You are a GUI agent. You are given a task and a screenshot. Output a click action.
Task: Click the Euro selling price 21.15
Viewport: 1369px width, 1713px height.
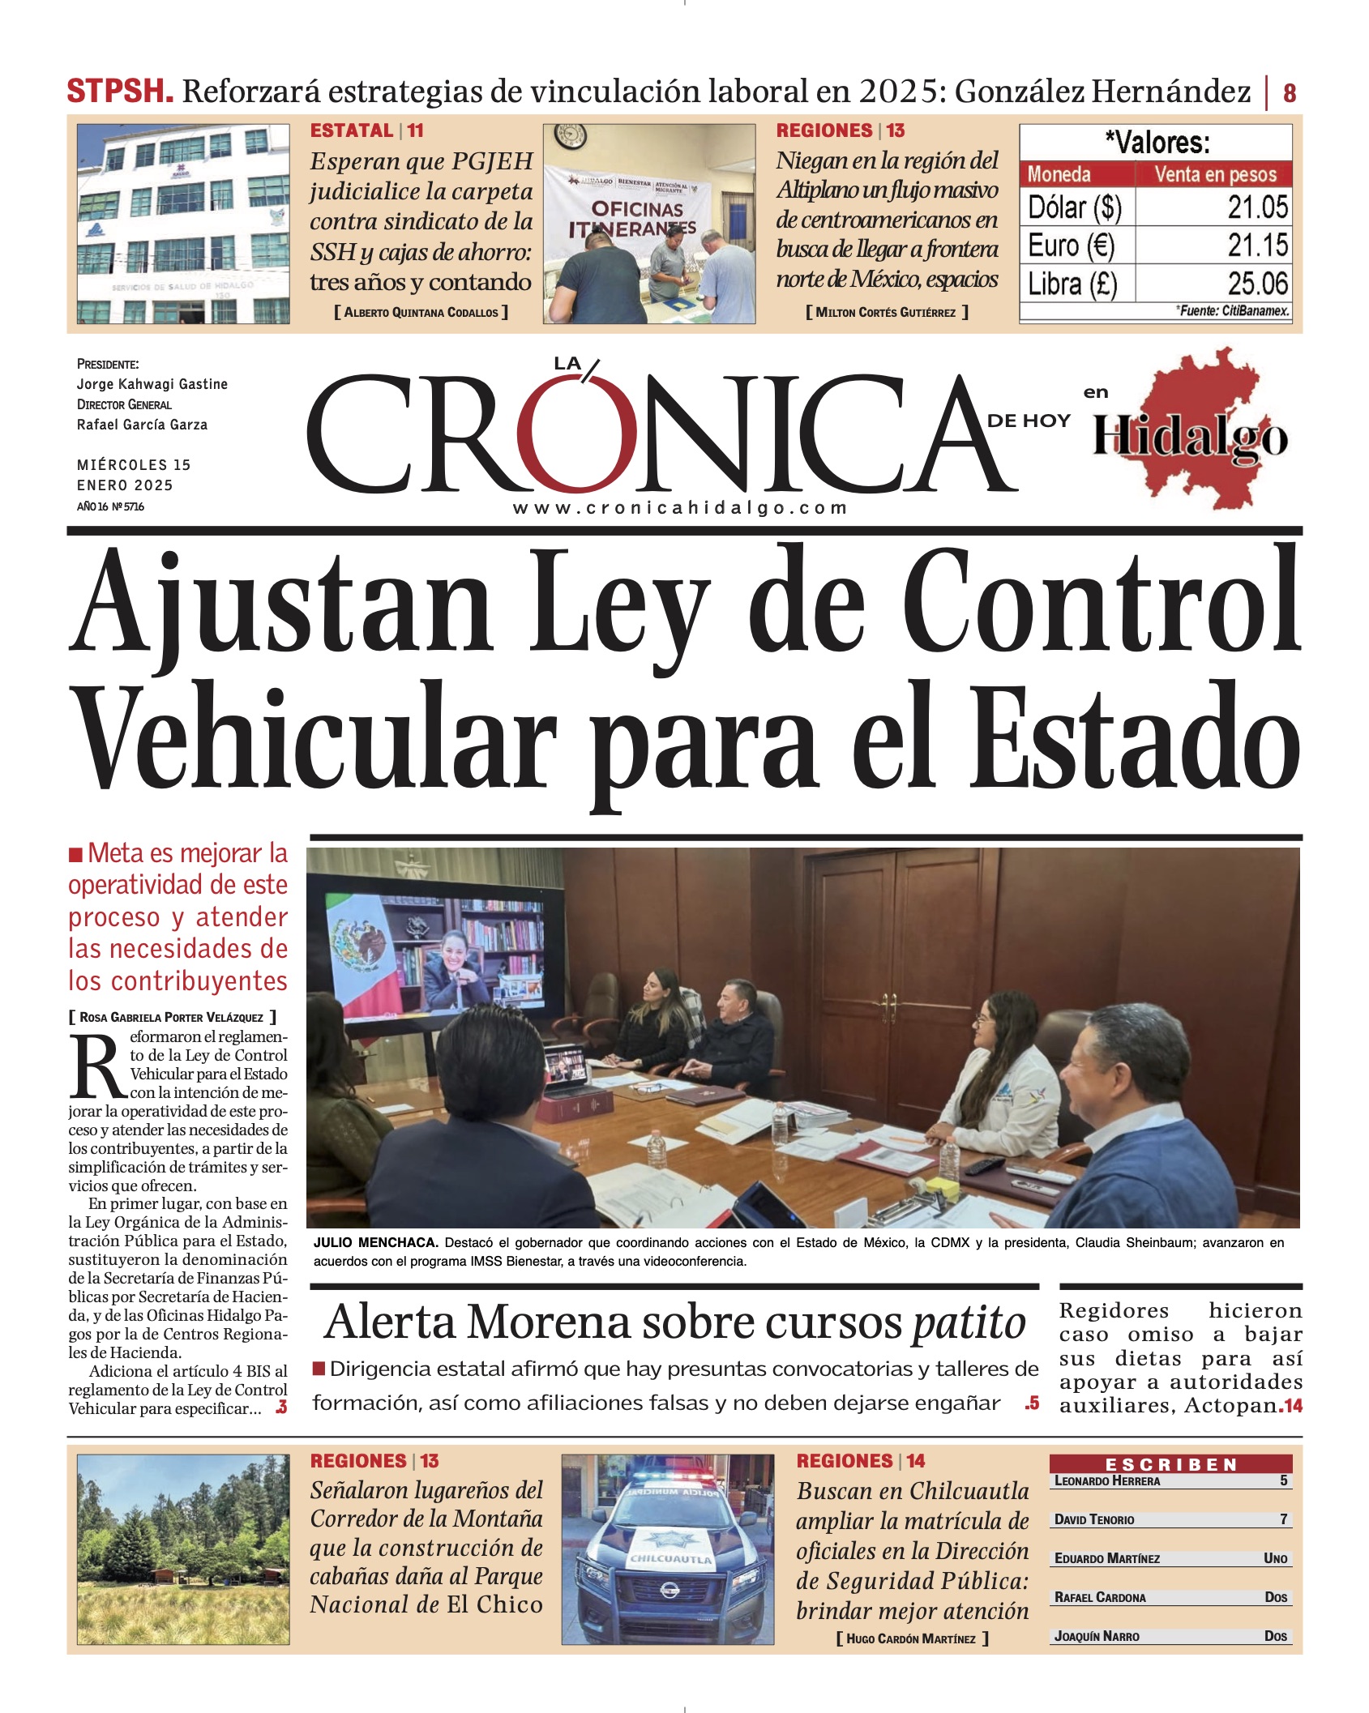(1257, 246)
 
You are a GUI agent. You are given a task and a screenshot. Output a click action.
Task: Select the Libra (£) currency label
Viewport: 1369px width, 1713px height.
(1072, 284)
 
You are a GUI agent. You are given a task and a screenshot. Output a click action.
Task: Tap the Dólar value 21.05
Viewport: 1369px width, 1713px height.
(1257, 207)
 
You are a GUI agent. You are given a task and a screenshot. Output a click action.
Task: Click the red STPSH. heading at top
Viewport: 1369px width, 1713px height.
(120, 92)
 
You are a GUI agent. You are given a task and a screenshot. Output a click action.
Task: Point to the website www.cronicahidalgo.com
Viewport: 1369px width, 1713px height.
(680, 508)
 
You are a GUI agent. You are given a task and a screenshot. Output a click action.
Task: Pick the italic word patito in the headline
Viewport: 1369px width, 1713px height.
(969, 1323)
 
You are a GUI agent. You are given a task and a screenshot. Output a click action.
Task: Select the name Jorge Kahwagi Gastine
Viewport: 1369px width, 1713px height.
(152, 384)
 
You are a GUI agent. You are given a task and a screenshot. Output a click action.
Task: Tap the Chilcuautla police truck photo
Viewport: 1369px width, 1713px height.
(668, 1549)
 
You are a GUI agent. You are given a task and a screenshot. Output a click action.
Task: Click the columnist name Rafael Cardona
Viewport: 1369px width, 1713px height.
(1100, 1596)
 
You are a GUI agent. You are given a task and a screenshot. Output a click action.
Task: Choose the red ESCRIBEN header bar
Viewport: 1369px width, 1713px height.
(1170, 1464)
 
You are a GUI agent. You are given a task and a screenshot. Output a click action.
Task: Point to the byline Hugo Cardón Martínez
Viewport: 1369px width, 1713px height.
(911, 1638)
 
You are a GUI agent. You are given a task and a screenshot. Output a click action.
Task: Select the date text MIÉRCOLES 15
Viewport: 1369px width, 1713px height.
(134, 465)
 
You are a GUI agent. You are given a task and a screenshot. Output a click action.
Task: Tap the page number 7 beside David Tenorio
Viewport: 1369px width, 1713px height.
(1283, 1519)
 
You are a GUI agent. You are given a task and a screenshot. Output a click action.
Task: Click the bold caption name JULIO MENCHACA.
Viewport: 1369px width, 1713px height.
(375, 1242)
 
